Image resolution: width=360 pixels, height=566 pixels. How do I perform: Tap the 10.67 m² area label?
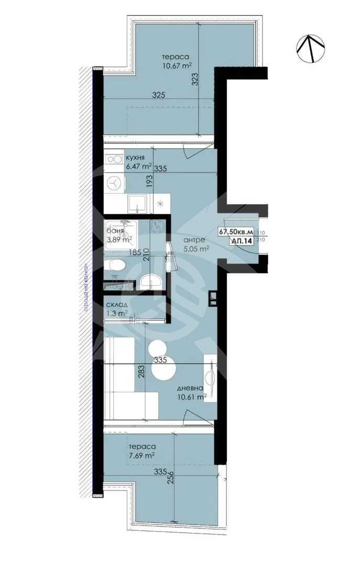pos(177,66)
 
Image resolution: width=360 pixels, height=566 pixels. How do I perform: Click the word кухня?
pos(135,157)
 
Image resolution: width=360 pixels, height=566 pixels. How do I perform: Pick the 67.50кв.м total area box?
pos(235,231)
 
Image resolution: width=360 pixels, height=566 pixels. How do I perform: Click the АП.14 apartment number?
pos(241,242)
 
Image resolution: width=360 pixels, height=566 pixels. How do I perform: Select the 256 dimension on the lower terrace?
pos(170,481)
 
